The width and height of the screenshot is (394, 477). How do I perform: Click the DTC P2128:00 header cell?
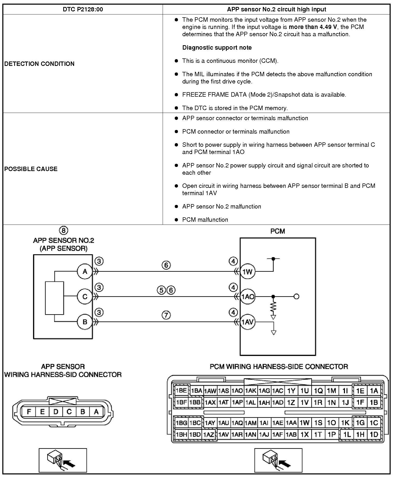83,10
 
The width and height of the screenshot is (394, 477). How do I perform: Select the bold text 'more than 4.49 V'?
313,27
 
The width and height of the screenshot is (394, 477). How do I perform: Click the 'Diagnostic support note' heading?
217,48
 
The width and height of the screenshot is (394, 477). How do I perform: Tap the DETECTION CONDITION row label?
39,64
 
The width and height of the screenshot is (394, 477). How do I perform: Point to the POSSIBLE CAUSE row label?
31,169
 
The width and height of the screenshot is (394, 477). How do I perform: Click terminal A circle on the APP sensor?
85,272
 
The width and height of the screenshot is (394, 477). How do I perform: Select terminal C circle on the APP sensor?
85,297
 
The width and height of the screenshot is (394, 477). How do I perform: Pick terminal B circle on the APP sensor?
85,322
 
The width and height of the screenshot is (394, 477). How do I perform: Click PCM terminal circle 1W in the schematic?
247,272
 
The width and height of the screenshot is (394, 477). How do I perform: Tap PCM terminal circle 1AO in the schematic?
247,297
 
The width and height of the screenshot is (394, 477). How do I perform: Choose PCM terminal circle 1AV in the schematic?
247,322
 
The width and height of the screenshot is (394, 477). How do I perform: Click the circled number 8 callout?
64,230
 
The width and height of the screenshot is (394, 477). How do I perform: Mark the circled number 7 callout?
166,315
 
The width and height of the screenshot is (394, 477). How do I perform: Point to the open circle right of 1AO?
296,297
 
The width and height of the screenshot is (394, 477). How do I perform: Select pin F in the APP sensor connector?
29,412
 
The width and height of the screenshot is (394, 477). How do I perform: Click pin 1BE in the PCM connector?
181,390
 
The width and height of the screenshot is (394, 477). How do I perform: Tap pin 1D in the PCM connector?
374,435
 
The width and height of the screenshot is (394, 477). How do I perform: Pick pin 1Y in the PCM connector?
291,391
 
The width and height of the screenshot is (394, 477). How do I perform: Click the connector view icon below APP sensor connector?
63,460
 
